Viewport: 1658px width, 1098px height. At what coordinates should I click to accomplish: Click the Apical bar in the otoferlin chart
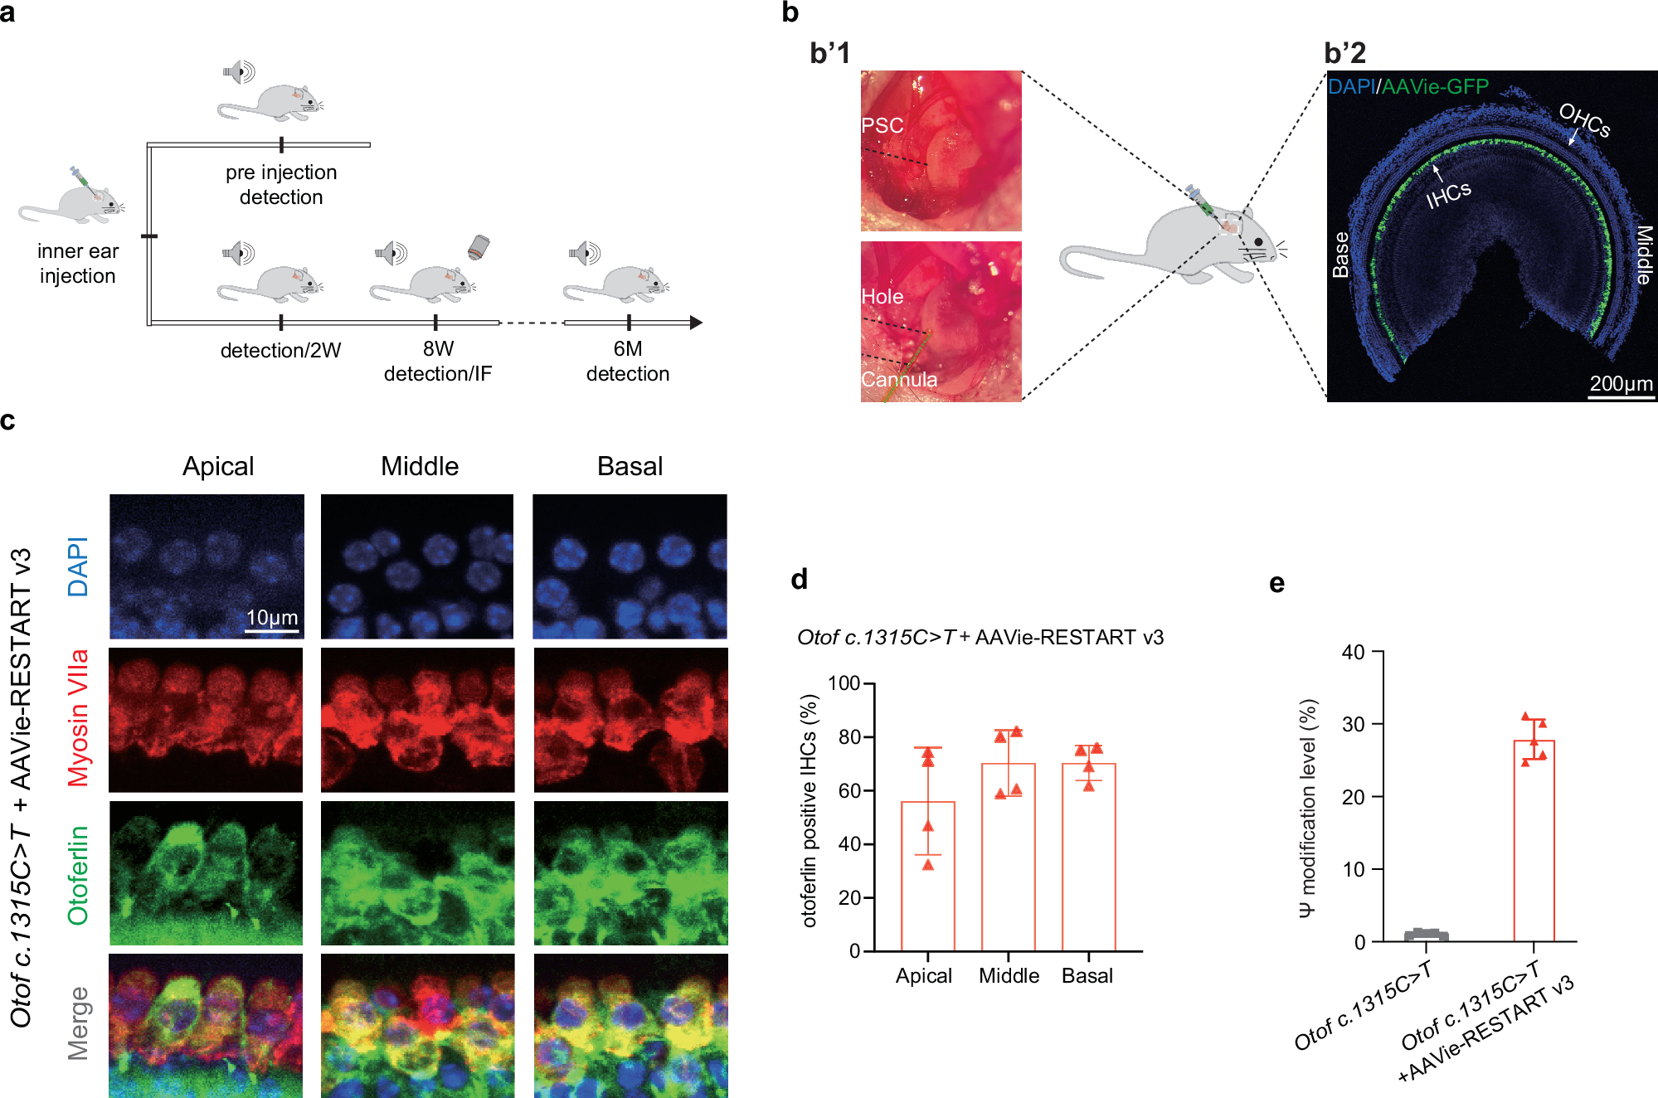pyautogui.click(x=927, y=876)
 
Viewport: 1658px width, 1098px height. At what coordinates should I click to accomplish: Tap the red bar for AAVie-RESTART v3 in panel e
pyautogui.click(x=1534, y=841)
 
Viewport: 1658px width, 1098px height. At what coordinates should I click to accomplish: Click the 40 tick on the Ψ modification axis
pyautogui.click(x=1353, y=652)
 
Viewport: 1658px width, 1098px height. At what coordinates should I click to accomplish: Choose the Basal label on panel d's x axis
pyautogui.click(x=1087, y=976)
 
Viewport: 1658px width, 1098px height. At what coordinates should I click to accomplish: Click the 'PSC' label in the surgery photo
pyautogui.click(x=882, y=125)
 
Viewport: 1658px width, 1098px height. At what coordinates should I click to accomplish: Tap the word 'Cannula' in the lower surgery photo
pyautogui.click(x=899, y=379)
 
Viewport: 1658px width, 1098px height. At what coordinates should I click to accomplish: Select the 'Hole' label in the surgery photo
pyautogui.click(x=882, y=296)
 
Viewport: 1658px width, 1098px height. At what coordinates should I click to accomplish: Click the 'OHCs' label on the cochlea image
pyautogui.click(x=1584, y=119)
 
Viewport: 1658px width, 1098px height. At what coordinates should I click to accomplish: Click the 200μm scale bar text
pyautogui.click(x=1621, y=383)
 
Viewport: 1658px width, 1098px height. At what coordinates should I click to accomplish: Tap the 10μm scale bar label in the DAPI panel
pyautogui.click(x=272, y=618)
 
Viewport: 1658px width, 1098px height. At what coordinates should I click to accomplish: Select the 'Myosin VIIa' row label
pyautogui.click(x=78, y=718)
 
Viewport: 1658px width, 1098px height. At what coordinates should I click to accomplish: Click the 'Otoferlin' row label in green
pyautogui.click(x=78, y=875)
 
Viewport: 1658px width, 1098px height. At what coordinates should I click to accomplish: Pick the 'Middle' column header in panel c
pyautogui.click(x=420, y=466)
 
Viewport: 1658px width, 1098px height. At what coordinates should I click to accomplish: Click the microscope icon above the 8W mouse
pyautogui.click(x=479, y=247)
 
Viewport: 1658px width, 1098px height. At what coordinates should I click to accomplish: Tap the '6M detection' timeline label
pyautogui.click(x=628, y=362)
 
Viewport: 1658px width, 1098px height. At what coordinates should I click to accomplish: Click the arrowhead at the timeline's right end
pyautogui.click(x=696, y=323)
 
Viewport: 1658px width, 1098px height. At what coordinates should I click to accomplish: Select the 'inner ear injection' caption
pyautogui.click(x=78, y=264)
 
